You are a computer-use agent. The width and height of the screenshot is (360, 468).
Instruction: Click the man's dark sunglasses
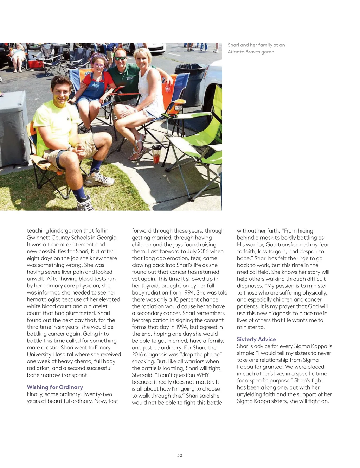coord(120,58)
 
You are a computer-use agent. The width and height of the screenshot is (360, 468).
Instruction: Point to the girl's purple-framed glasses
coord(99,65)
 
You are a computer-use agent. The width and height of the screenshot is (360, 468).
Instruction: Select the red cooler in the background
coord(36,64)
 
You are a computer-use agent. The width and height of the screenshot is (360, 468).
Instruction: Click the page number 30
coord(180,455)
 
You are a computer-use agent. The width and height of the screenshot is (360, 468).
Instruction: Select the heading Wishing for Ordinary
coord(55,387)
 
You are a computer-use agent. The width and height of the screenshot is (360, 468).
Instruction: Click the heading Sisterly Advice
coord(256,339)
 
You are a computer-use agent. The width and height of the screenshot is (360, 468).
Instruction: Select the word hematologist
coord(44,299)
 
